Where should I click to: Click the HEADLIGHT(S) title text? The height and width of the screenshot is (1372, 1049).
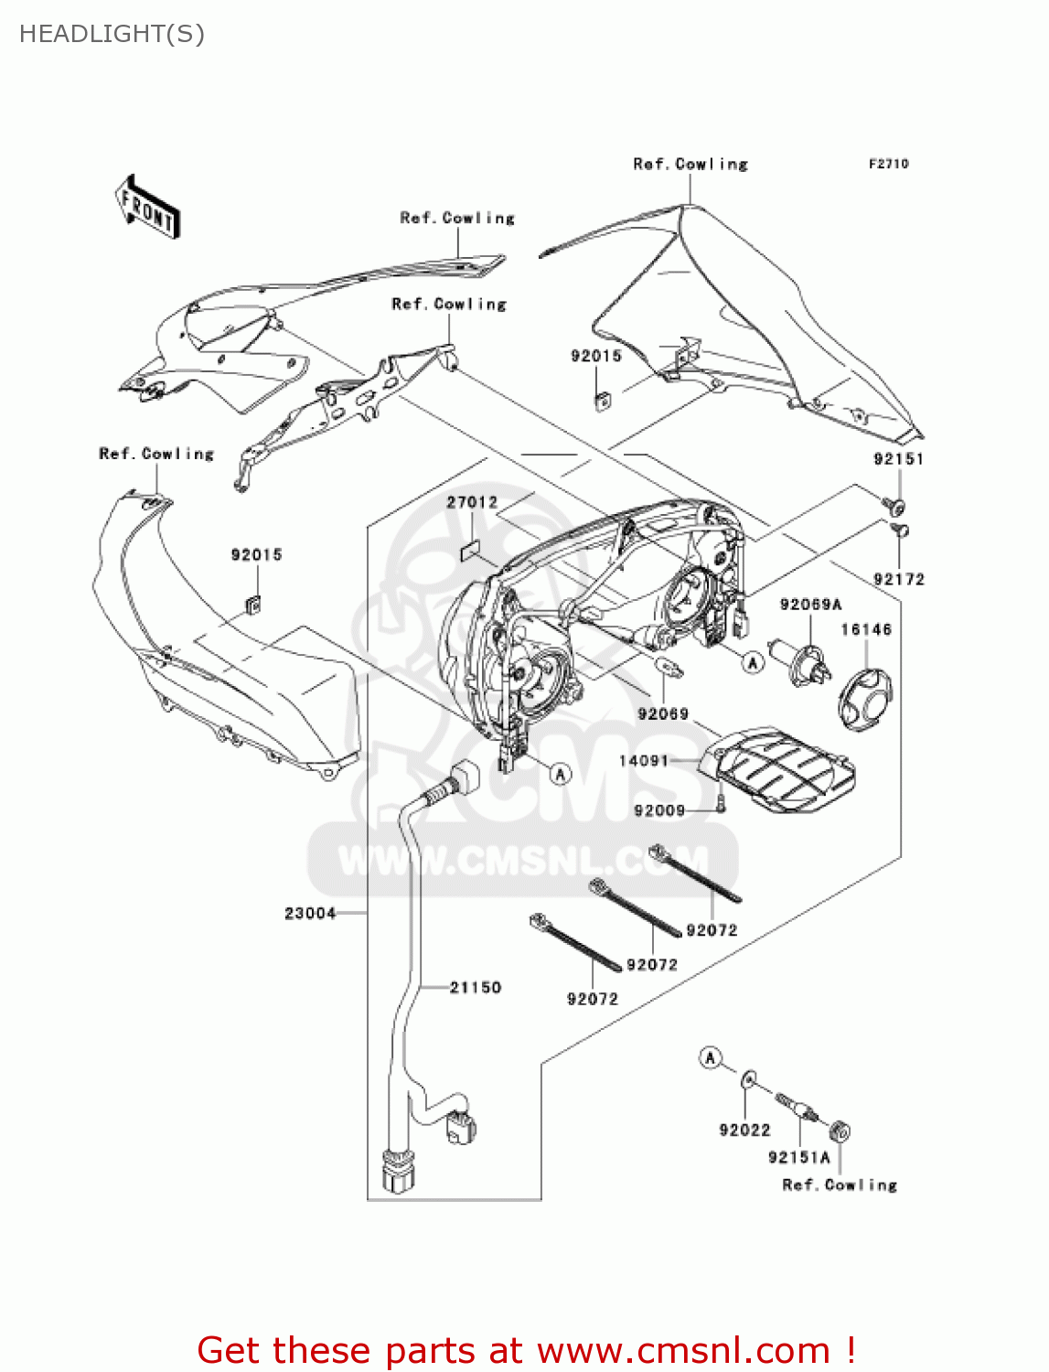(112, 34)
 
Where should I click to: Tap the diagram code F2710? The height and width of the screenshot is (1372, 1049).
(888, 164)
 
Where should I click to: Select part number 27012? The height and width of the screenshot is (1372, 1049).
(472, 502)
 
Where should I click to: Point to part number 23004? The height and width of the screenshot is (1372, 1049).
(310, 913)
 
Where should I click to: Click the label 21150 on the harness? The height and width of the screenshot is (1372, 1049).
(476, 987)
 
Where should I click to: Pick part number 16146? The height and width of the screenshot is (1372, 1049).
(865, 629)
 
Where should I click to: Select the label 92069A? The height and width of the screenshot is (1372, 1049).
(810, 605)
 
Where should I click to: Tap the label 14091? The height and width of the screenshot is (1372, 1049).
(644, 760)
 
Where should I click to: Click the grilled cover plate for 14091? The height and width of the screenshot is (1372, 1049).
(782, 773)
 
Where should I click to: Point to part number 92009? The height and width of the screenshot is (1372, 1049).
(659, 810)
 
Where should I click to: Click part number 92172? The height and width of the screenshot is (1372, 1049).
(898, 579)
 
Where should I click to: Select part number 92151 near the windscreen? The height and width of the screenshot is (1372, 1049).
(898, 459)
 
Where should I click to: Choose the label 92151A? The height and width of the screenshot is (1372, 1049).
(798, 1157)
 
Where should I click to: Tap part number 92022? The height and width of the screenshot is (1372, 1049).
(744, 1130)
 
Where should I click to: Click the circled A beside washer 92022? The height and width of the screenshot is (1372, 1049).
(711, 1058)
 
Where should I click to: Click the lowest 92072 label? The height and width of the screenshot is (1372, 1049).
(592, 999)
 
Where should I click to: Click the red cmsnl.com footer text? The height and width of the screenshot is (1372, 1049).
(526, 1350)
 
